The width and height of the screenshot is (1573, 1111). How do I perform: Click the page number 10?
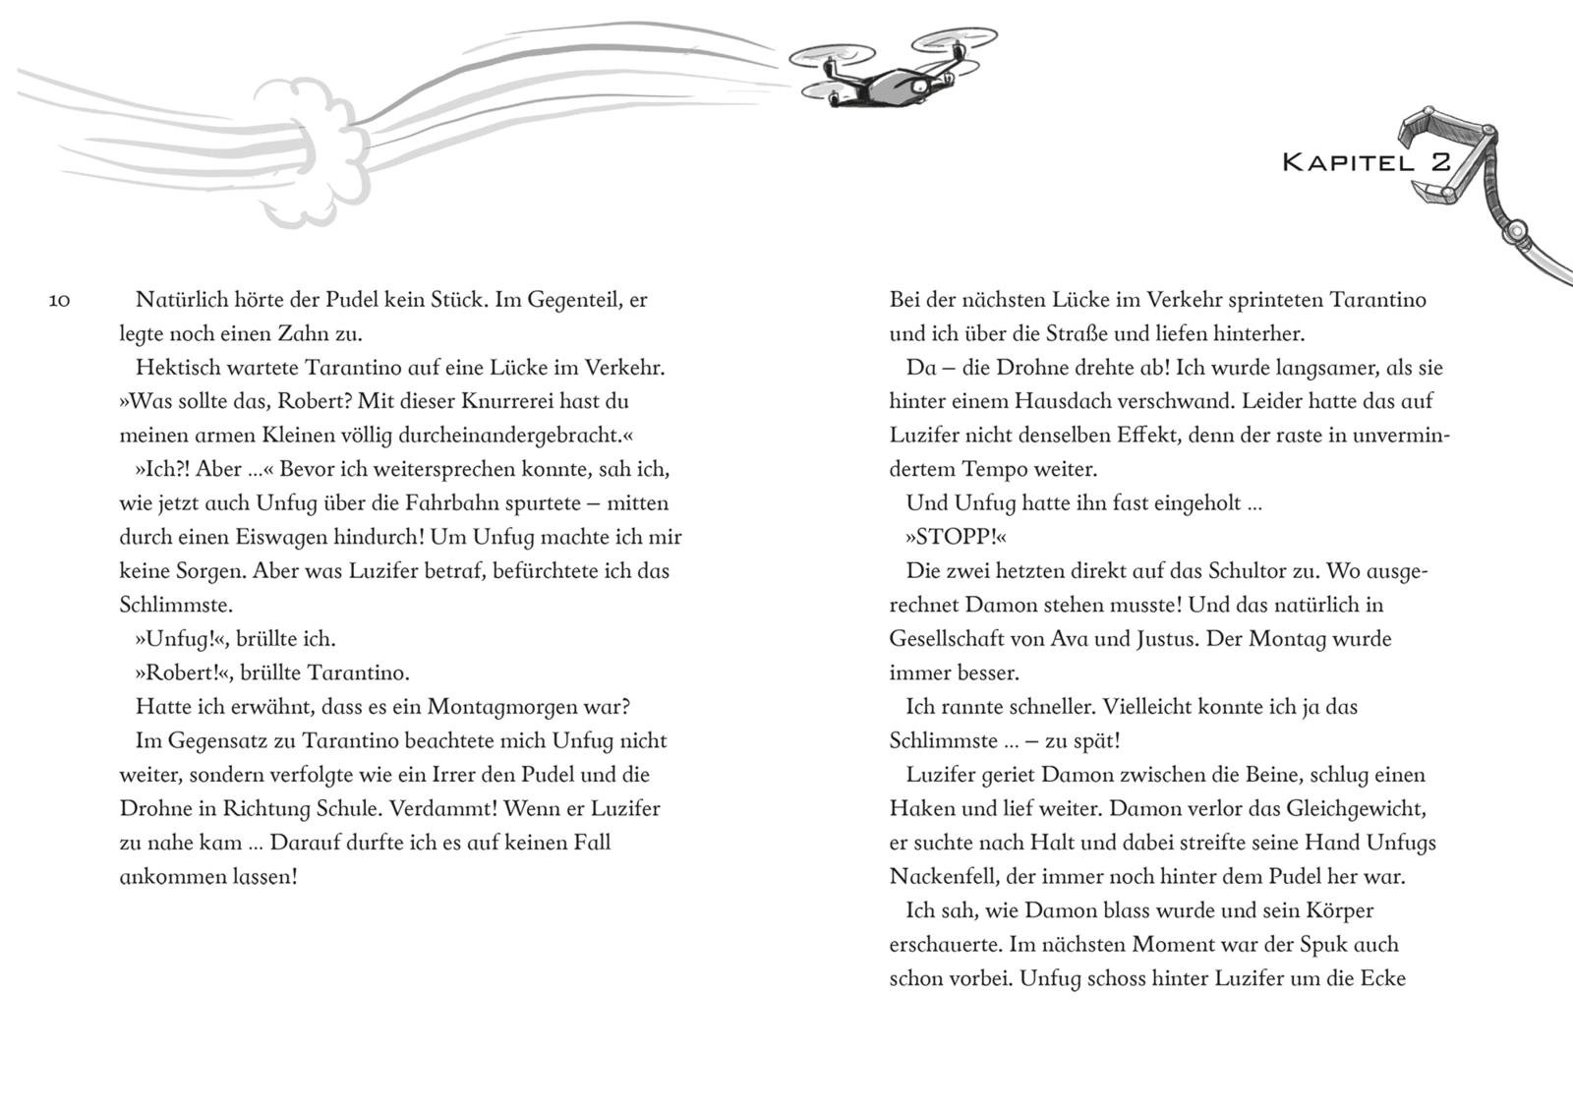59,300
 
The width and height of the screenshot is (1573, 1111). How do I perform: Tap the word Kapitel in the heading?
1347,163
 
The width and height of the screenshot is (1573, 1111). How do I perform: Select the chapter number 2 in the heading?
1440,162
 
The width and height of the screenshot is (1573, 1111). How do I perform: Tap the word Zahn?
305,333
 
